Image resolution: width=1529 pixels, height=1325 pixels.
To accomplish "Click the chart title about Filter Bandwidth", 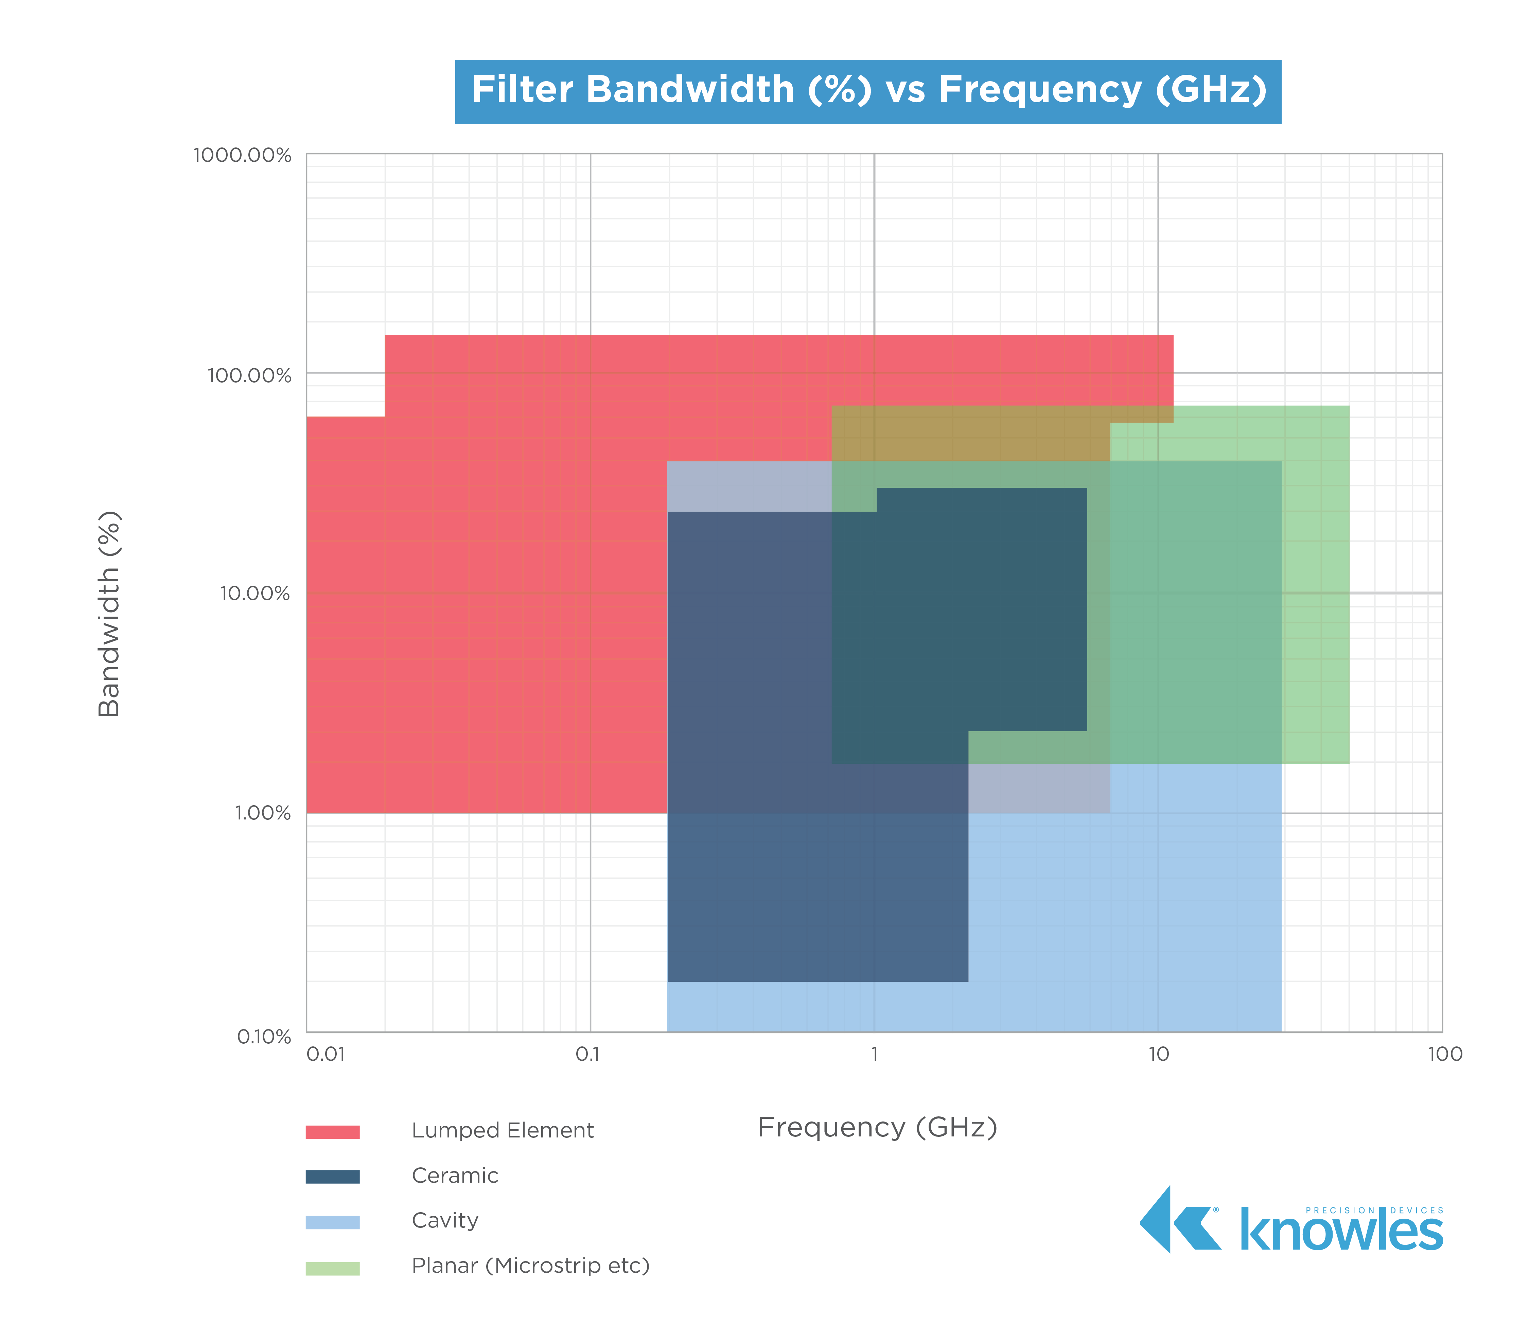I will [868, 90].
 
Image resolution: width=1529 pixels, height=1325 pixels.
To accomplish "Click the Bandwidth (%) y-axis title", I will [109, 614].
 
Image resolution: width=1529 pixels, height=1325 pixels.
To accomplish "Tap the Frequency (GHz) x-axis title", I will [878, 1128].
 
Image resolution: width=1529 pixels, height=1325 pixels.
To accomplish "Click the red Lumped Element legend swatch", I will [333, 1132].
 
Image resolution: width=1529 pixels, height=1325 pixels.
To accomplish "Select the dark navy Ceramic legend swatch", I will [333, 1177].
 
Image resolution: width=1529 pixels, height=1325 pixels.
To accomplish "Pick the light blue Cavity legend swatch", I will [333, 1222].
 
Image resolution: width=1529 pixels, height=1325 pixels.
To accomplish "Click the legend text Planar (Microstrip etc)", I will [530, 1266].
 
